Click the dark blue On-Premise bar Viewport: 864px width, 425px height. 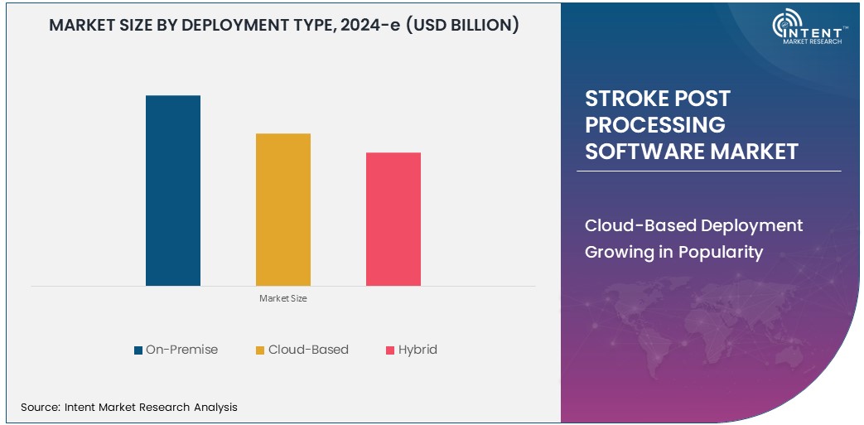pos(173,191)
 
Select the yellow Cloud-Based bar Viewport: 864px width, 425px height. pos(282,210)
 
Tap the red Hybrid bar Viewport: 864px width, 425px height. pos(393,219)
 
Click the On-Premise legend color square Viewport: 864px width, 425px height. pos(138,350)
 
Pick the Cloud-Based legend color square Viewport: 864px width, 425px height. pos(260,350)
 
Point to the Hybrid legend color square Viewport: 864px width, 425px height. pos(390,350)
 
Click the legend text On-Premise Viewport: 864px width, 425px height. pos(181,350)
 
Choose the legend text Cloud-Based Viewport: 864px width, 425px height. pos(308,350)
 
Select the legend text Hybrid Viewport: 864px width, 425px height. pos(418,350)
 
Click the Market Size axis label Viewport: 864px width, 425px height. pos(283,298)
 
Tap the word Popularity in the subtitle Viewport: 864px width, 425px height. pos(718,253)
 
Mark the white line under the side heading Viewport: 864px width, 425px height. pos(708,171)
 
